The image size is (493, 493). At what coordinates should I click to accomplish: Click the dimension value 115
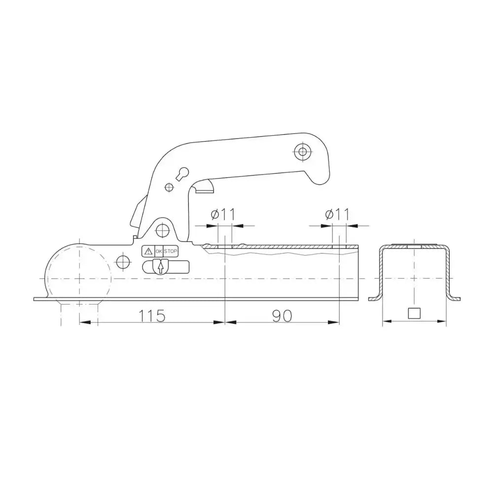(152, 316)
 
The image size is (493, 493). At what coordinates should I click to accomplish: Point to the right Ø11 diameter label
(337, 214)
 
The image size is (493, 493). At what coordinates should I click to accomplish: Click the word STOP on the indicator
(171, 251)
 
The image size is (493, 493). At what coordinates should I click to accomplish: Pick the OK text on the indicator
(159, 251)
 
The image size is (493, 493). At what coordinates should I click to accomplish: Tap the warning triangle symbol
(148, 251)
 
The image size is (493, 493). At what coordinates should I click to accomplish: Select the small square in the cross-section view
(415, 313)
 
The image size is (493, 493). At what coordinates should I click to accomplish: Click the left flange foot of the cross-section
(375, 296)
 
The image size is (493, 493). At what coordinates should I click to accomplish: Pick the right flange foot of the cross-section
(455, 296)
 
